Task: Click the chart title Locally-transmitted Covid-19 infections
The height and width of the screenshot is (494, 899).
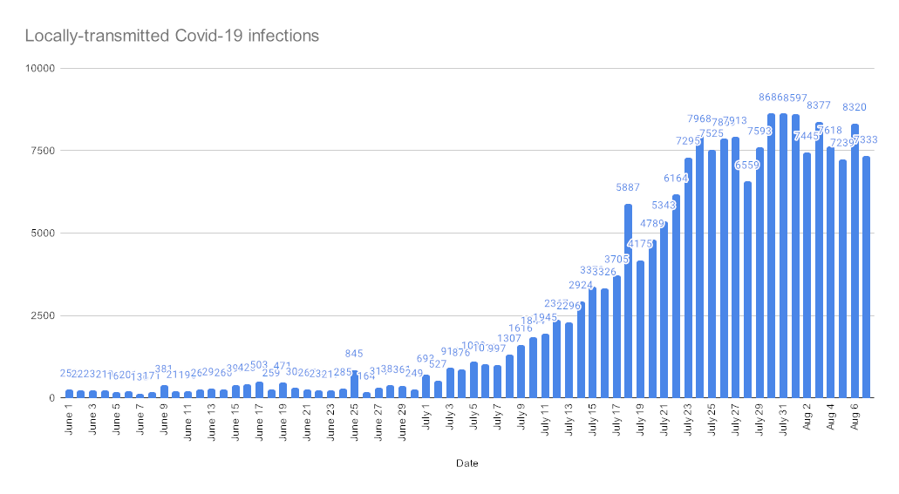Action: [172, 37]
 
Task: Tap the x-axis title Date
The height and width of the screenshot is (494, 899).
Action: [467, 464]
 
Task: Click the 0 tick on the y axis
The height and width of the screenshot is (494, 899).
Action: [51, 398]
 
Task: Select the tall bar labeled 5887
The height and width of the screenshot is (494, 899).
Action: [628, 301]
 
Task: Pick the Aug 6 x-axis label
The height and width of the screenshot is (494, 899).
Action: [855, 420]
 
